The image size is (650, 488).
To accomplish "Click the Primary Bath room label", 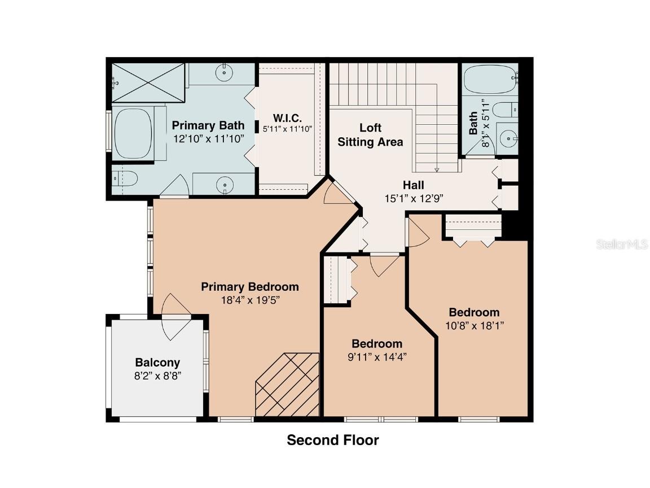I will click(208, 125).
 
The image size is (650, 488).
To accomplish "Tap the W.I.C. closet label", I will click(287, 118).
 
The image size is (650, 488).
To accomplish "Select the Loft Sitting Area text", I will click(370, 136).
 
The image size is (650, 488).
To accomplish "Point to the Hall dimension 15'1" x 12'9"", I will click(413, 198).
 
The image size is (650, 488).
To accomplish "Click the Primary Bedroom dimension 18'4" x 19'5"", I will click(250, 300).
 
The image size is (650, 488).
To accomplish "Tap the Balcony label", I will click(157, 363).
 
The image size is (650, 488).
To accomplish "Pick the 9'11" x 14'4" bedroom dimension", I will click(377, 356).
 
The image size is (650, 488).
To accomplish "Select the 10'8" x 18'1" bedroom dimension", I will click(474, 325).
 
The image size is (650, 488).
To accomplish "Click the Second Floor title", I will click(333, 440).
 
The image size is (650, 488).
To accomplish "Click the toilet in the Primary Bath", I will click(125, 179).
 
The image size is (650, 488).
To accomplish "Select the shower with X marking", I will click(148, 83).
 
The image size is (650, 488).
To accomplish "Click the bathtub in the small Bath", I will click(489, 79).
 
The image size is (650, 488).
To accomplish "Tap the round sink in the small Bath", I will click(510, 137).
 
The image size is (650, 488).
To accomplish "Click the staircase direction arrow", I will click(437, 169).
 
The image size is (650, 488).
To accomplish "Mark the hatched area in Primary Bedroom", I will click(287, 386).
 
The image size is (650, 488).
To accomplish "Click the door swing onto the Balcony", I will click(176, 316).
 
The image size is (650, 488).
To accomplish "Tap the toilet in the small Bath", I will click(504, 110).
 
